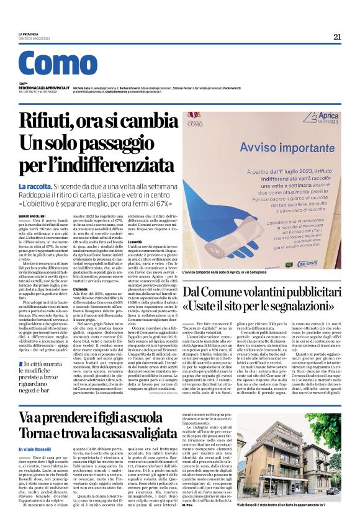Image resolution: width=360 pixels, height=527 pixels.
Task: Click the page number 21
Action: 337,37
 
